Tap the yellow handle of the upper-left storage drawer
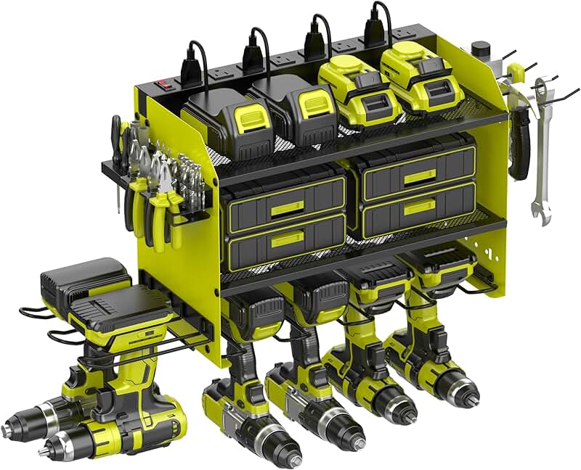point(287,205)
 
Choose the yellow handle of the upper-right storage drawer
point(420,177)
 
